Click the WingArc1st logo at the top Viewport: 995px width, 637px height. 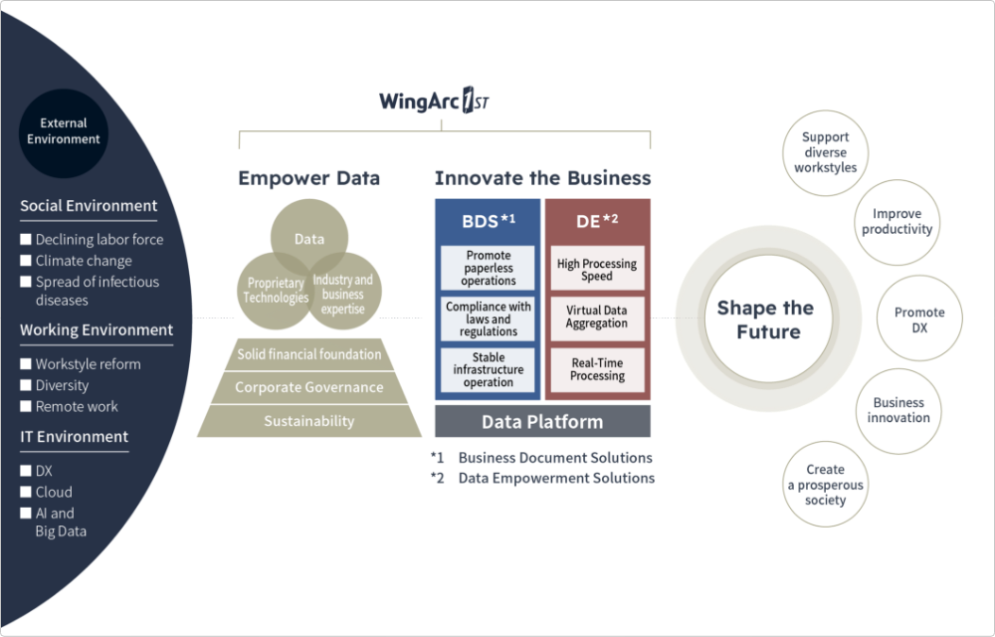(434, 102)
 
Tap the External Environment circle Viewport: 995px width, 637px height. (64, 131)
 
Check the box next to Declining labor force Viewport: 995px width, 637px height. (27, 240)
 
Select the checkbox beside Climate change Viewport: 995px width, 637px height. (27, 261)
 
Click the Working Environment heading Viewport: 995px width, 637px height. (97, 330)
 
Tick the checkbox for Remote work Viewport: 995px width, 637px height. (27, 406)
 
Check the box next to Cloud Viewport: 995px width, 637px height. (27, 492)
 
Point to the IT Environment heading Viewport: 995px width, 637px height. (75, 437)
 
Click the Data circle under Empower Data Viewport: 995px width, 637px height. (309, 240)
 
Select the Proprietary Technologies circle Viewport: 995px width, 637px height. (276, 291)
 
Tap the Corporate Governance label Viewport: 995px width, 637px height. (308, 387)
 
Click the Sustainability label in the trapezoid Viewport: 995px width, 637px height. (308, 421)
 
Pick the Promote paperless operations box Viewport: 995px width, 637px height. (489, 269)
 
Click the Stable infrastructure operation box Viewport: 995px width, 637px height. (489, 370)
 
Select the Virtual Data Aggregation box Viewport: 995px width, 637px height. (597, 318)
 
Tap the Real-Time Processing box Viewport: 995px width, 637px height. (597, 369)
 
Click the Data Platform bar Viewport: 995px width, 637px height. (542, 422)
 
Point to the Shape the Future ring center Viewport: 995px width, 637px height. (765, 319)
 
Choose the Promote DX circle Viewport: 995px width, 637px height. (919, 319)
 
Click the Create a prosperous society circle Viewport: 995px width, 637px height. (825, 485)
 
